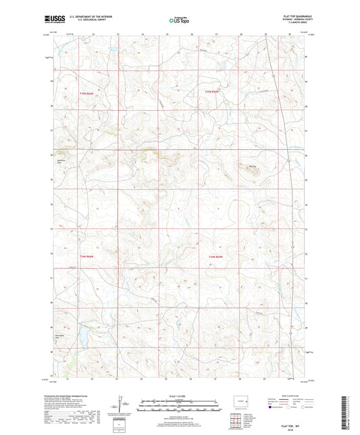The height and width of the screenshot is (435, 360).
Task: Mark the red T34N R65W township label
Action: click(x=215, y=257)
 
